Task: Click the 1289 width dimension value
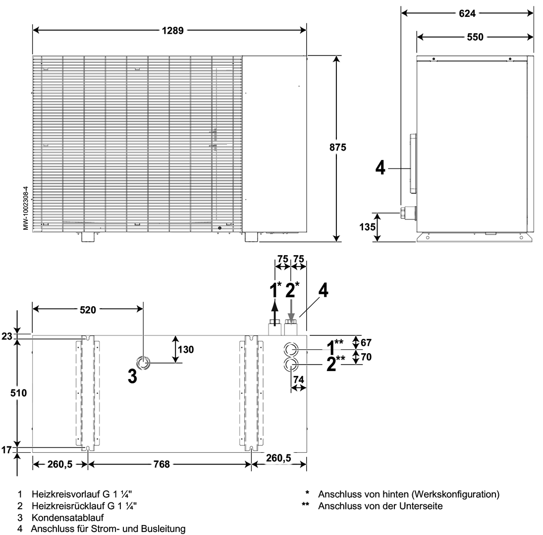point(172,30)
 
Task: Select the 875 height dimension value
point(337,147)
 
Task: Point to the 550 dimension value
point(475,37)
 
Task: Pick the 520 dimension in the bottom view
point(88,310)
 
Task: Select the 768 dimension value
point(162,464)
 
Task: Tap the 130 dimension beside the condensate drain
point(186,349)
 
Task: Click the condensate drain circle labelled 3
point(143,363)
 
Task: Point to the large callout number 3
point(132,376)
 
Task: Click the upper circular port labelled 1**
point(291,349)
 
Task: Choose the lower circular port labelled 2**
point(291,365)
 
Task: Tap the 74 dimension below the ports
point(298,379)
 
